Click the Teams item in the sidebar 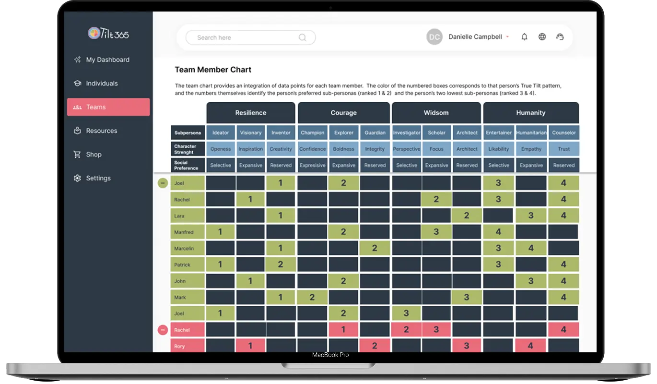point(108,107)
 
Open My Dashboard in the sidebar point(102,60)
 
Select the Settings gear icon point(77,178)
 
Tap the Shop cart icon point(77,155)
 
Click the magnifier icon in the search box point(303,37)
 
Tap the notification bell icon point(525,36)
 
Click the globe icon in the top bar point(542,36)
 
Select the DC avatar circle point(434,36)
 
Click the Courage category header point(344,113)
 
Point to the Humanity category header point(531,113)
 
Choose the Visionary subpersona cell point(250,132)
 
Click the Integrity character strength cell point(375,149)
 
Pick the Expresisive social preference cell point(312,165)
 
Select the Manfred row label point(188,232)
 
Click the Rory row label point(188,346)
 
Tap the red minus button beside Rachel point(163,330)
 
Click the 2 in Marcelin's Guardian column point(375,248)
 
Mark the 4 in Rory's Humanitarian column point(530,346)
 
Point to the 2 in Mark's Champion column point(312,297)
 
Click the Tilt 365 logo point(108,33)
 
